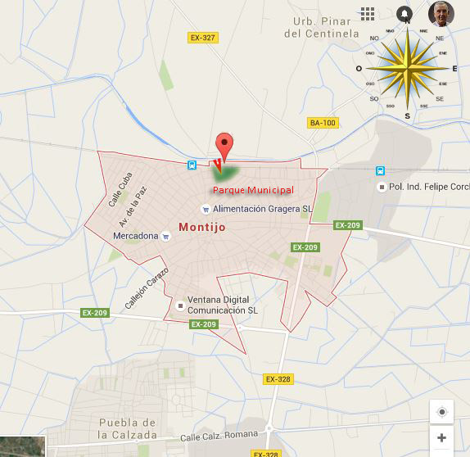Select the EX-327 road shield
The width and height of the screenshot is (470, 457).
(x=202, y=38)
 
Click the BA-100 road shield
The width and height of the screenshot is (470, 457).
(x=323, y=123)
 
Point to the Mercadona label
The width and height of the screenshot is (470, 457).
(x=135, y=237)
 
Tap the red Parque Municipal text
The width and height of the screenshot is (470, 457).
(x=252, y=190)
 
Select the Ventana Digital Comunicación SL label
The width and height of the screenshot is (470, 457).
(x=222, y=305)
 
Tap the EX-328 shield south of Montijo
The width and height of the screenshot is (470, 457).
(x=278, y=379)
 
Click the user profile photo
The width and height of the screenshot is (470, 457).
(x=441, y=14)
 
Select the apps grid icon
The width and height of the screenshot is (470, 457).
(x=368, y=14)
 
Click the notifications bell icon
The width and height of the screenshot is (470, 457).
(x=404, y=14)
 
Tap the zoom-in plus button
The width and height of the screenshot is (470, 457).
(x=441, y=438)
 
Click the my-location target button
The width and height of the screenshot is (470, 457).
(x=441, y=412)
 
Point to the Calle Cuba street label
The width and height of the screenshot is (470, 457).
(x=119, y=188)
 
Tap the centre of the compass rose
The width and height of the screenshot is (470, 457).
(x=407, y=68)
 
